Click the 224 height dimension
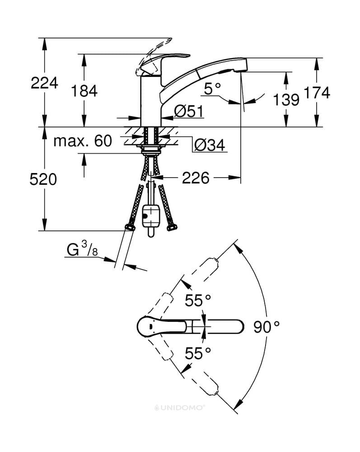[44, 83]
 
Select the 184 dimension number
[84, 91]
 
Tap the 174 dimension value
[317, 93]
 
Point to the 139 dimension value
[286, 100]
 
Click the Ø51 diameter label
[189, 111]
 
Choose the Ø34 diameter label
[210, 145]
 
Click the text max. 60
[83, 141]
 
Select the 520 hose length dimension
[43, 179]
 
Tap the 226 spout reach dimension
[196, 178]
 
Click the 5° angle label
[212, 89]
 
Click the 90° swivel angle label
[266, 327]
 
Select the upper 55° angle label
[198, 301]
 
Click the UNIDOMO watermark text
[179, 408]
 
